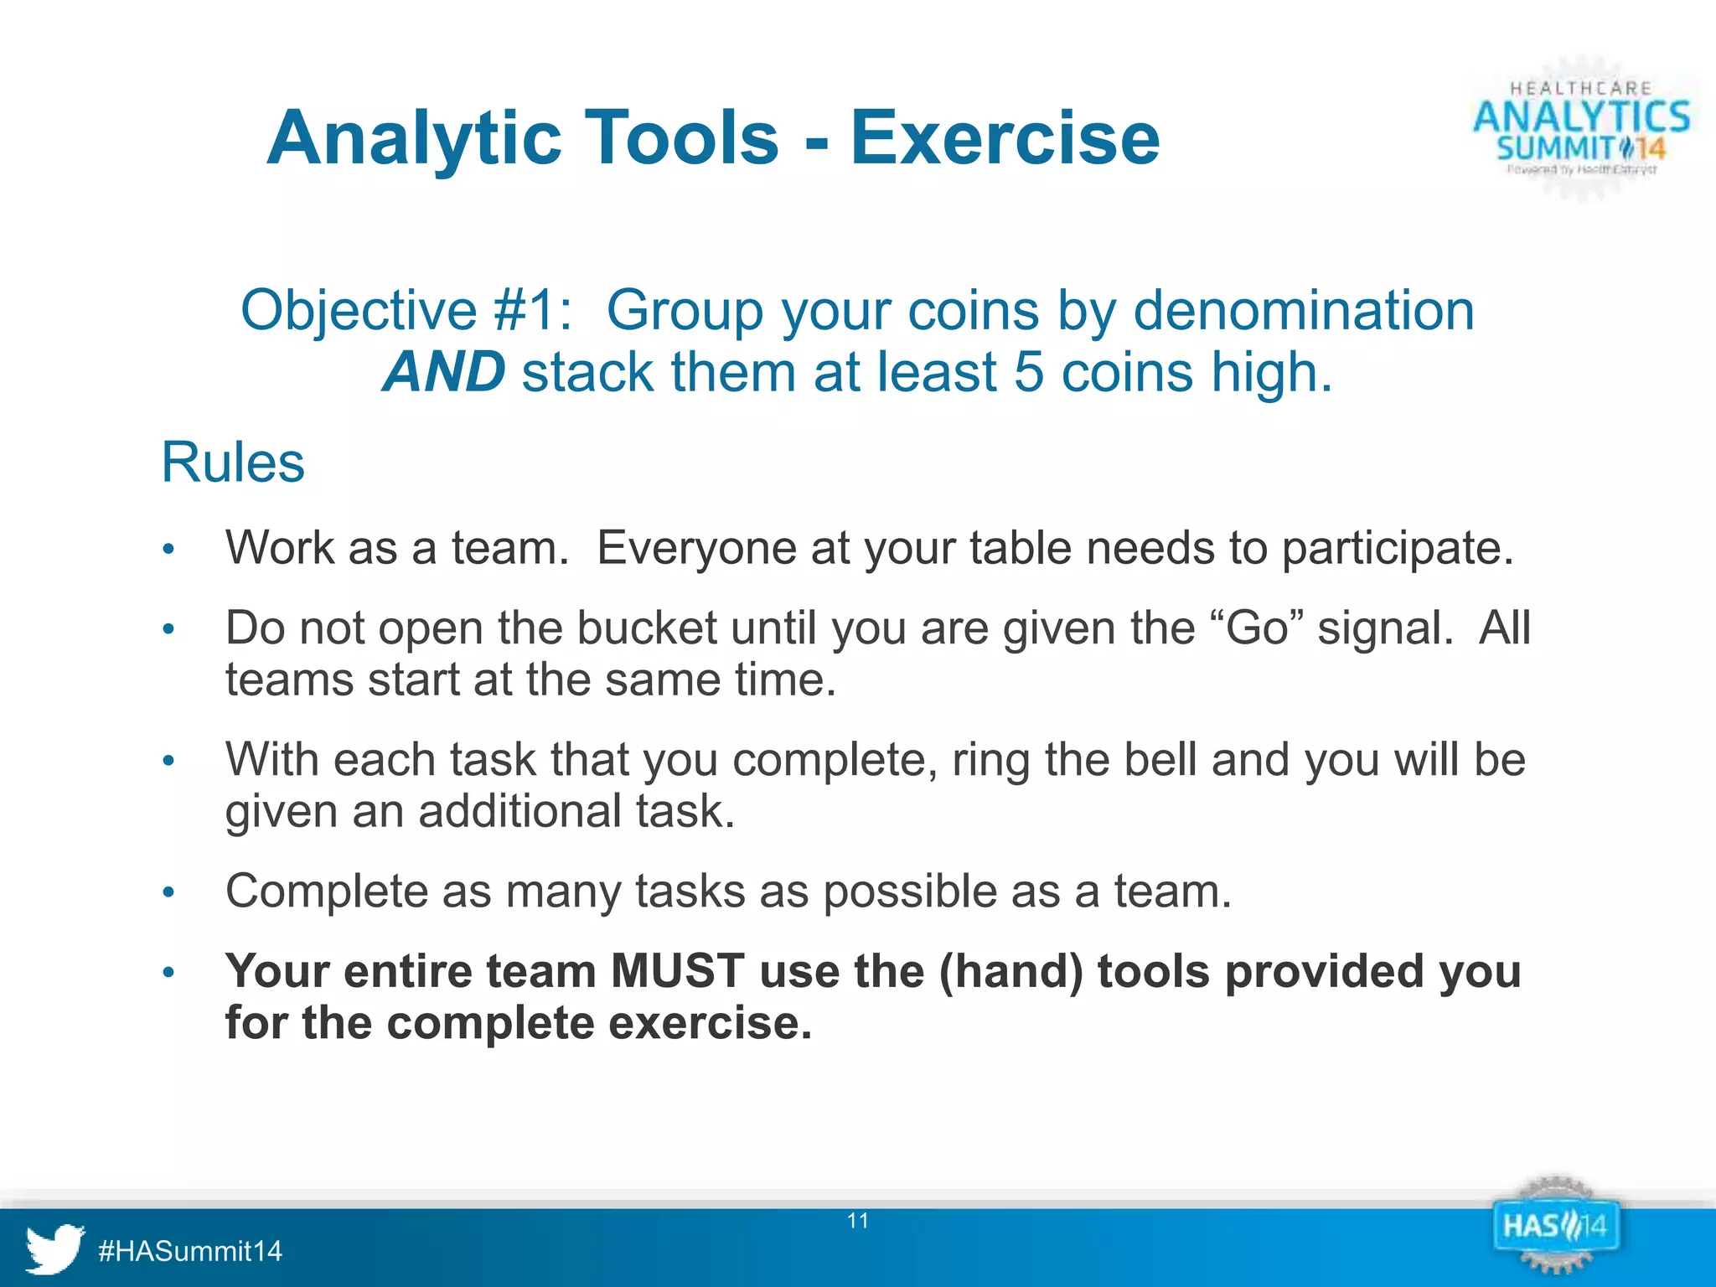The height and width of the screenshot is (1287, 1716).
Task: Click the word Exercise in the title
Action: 1005,138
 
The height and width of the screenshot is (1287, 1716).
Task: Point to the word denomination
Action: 1304,311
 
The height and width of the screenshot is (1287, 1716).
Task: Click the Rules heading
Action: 233,463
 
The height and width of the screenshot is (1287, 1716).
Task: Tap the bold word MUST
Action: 677,972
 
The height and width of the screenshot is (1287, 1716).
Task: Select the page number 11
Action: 858,1221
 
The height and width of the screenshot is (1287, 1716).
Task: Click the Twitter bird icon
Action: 54,1248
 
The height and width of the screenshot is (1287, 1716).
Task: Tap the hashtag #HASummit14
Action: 190,1252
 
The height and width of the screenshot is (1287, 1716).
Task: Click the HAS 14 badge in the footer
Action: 1555,1228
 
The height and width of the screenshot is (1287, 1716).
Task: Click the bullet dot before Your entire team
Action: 168,973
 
